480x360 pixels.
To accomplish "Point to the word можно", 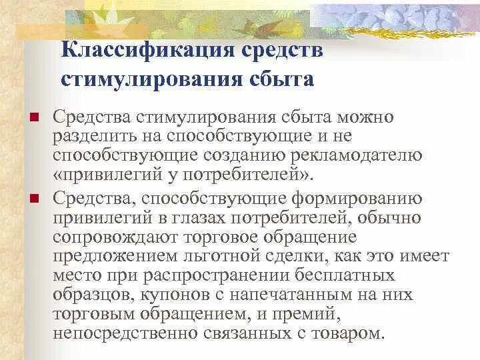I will [365, 118].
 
